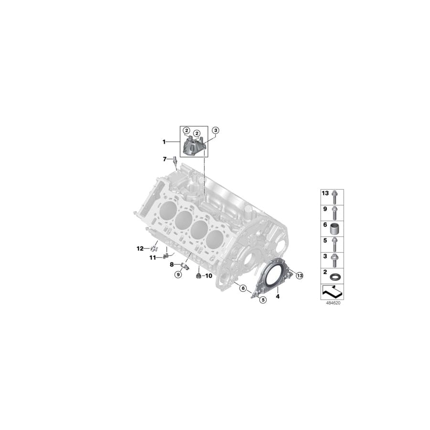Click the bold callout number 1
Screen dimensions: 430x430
(164, 142)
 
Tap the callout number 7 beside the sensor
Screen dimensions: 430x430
(164, 159)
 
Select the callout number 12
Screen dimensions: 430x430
(140, 248)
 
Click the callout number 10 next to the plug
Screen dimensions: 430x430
(209, 276)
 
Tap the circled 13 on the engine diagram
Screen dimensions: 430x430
(300, 275)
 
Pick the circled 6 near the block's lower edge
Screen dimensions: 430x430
(243, 288)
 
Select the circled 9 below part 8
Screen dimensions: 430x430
(178, 274)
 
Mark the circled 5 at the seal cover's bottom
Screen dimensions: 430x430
(262, 299)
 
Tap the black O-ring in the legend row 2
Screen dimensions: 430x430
(336, 277)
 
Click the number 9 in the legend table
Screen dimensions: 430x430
(325, 209)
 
